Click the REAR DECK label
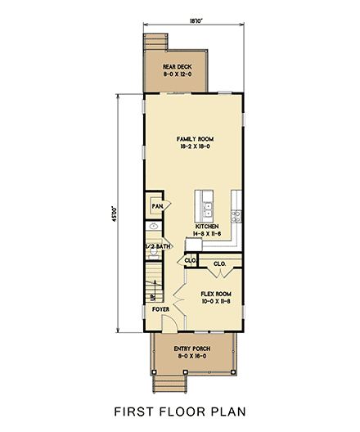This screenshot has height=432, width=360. [x=178, y=70]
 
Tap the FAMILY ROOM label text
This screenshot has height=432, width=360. [x=194, y=142]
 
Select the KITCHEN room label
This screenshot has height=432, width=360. [x=207, y=228]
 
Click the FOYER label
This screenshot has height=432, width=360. [x=160, y=310]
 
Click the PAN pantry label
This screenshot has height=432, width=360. [x=155, y=207]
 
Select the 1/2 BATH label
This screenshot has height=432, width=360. [x=157, y=245]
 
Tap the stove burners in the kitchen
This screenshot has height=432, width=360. [x=236, y=216]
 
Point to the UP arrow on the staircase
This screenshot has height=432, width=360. [x=151, y=295]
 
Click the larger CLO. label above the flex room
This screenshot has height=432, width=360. [x=219, y=264]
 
